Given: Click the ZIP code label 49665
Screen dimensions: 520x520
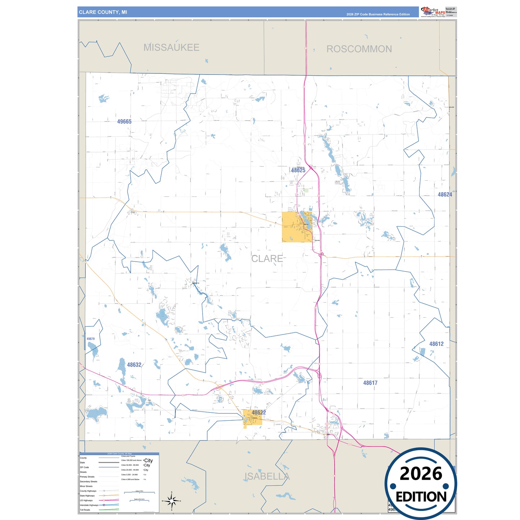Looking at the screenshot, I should (x=124, y=122).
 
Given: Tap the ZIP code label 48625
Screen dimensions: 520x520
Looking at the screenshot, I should (x=298, y=170).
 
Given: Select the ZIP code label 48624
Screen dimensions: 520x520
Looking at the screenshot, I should (x=445, y=195).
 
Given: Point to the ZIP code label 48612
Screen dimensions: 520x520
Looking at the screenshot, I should (x=436, y=344).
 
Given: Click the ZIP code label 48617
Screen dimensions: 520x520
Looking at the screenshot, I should (x=370, y=383).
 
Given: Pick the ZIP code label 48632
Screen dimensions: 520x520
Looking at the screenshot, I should (x=134, y=365).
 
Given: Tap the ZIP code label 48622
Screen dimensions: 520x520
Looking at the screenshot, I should (x=259, y=413).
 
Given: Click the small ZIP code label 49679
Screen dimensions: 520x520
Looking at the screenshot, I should (x=90, y=339).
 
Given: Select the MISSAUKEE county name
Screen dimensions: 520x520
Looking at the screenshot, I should (x=171, y=48).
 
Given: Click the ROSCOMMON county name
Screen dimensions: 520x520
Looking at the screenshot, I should (x=359, y=49).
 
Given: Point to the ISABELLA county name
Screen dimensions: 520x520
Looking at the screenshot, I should (x=267, y=476).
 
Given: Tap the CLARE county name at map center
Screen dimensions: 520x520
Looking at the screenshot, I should (x=267, y=259).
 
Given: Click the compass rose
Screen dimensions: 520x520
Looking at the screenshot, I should (x=172, y=501).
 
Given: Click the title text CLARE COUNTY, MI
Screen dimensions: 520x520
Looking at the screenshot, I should (x=103, y=12).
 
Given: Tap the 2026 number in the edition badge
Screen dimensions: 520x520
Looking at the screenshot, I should (x=421, y=474).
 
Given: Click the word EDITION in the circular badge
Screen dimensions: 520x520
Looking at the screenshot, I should (x=421, y=497).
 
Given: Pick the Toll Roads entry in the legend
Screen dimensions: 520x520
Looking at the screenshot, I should (x=85, y=510).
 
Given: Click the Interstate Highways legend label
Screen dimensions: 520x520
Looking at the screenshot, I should (x=89, y=505).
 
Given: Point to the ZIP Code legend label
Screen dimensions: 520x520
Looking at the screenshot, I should (x=84, y=467).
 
